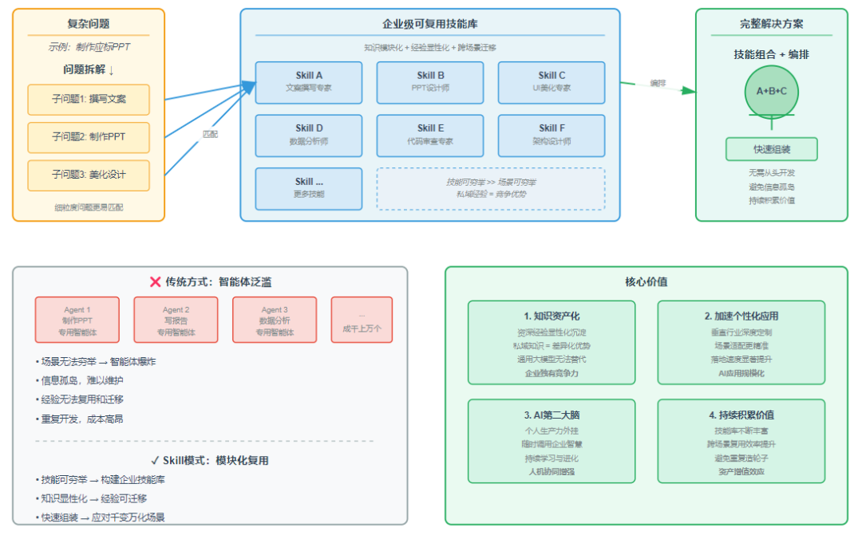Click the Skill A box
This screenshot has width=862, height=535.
308,82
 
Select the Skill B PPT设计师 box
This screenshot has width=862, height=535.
430,82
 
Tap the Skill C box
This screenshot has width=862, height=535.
552,82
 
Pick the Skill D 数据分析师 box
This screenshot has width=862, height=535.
308,134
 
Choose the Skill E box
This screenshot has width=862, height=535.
430,134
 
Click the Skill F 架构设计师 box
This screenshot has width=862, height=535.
552,134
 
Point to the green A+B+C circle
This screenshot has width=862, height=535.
771,91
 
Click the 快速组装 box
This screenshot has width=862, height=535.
771,149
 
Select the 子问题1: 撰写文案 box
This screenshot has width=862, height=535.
89,100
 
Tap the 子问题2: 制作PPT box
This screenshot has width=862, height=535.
89,137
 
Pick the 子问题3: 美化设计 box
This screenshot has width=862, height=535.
89,175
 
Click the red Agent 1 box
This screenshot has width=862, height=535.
77,320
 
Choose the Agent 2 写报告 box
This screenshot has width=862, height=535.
176,320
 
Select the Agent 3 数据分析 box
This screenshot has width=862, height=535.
275,320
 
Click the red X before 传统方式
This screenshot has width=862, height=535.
156,281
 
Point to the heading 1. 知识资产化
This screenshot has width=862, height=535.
552,316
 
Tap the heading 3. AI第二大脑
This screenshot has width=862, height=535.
552,415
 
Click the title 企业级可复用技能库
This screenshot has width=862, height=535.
430,25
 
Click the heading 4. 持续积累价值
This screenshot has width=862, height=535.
741,415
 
